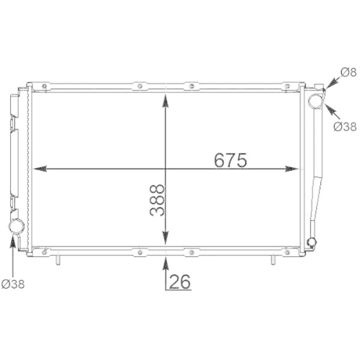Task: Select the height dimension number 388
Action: point(158,204)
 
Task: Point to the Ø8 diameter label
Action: point(348,71)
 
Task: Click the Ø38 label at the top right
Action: point(346,127)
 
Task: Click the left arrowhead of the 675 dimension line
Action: point(40,168)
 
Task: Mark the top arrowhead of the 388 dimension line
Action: point(167,99)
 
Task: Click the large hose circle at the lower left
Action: point(15,228)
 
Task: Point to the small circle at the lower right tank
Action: point(312,242)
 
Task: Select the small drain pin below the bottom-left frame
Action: point(56,259)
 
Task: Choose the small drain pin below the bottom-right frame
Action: point(274,259)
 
